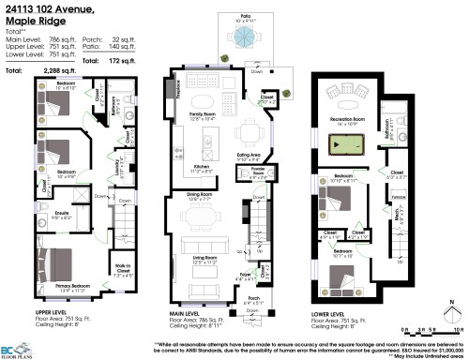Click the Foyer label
245,277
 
